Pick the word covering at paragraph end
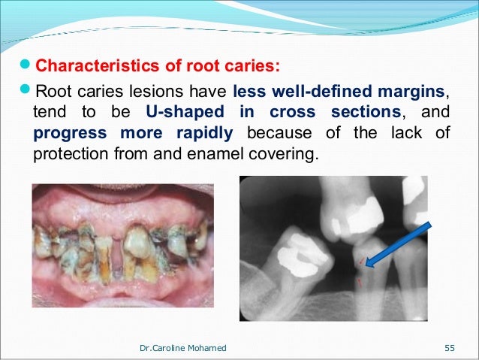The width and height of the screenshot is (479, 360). (285, 154)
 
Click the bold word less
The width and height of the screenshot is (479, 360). (249, 92)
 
